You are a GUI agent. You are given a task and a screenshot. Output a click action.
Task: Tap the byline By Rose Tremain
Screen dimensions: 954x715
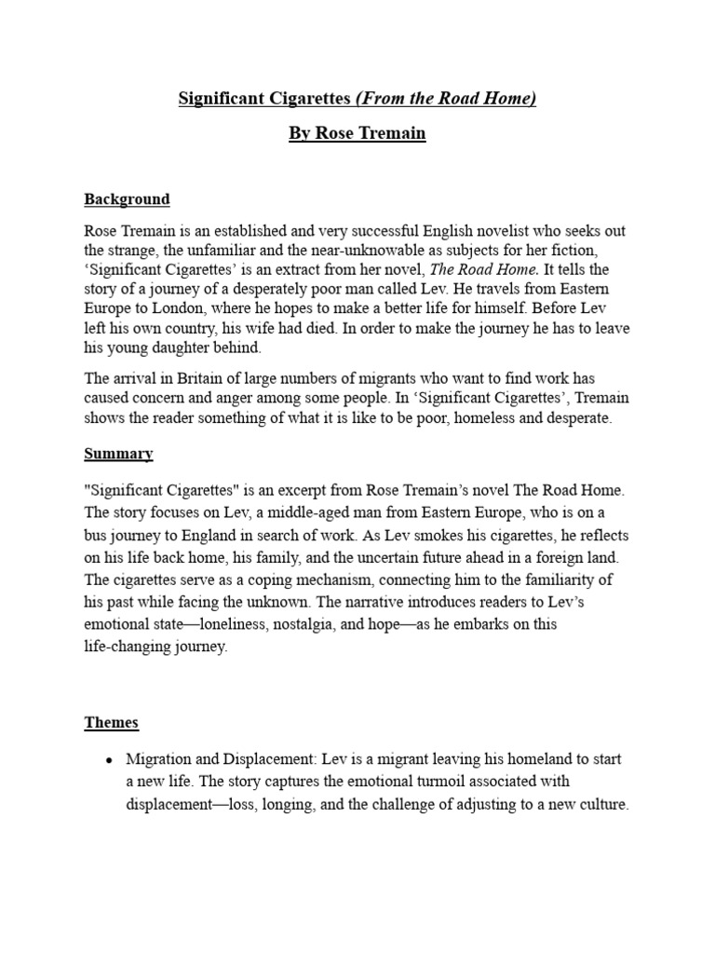click(x=357, y=133)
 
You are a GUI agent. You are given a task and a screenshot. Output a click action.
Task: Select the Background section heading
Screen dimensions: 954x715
click(x=127, y=198)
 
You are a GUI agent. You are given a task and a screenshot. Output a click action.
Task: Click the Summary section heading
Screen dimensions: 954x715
click(x=118, y=454)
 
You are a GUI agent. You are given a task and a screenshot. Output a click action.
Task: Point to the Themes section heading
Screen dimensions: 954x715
click(x=112, y=722)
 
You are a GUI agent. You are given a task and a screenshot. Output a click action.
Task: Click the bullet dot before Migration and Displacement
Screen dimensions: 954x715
click(x=110, y=760)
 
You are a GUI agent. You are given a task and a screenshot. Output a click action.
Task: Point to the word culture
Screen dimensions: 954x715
click(x=600, y=804)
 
